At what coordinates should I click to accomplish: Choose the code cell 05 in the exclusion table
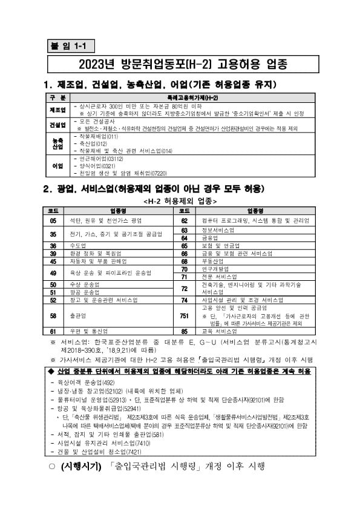[53, 220]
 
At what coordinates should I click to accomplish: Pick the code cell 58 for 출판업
[53, 315]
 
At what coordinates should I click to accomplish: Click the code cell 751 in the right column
[184, 315]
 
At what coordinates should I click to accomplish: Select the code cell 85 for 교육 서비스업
[184, 331]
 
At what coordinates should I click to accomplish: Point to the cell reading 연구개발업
[215, 269]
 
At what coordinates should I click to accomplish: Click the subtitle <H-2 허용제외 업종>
[180, 200]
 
